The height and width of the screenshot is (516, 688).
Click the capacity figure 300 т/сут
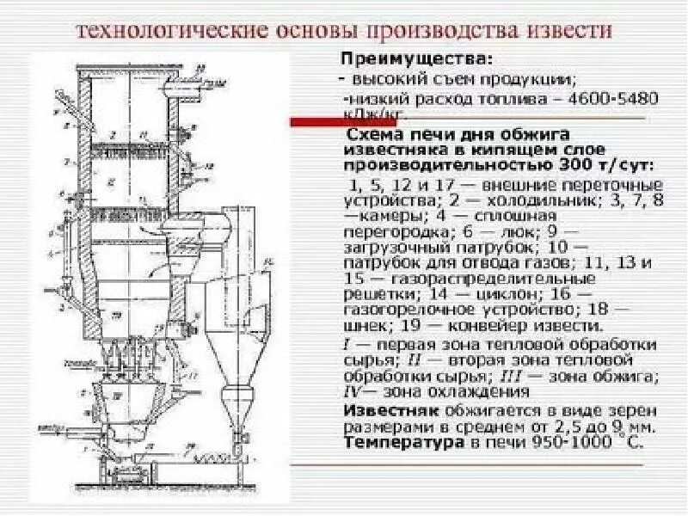610,164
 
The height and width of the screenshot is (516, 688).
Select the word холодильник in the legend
519,200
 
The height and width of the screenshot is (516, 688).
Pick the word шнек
365,327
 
